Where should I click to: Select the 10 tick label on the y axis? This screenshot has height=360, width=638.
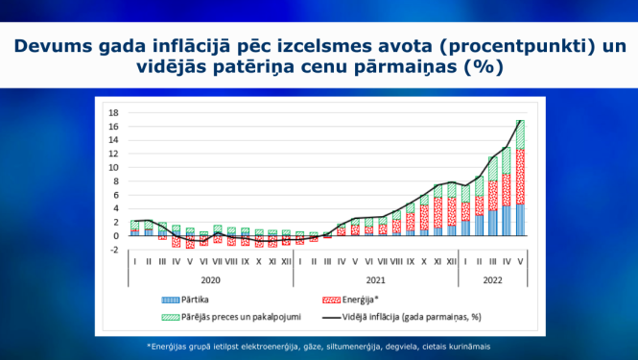click(114, 167)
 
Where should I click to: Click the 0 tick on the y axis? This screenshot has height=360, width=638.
click(115, 235)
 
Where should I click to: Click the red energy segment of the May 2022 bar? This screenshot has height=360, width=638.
click(519, 177)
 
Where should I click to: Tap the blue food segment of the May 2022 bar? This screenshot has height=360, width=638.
click(519, 220)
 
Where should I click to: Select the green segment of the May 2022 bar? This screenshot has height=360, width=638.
click(519, 134)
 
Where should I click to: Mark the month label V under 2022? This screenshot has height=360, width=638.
click(519, 260)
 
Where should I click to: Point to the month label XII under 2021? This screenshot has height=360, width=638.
click(451, 260)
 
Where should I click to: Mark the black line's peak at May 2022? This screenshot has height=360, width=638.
click(519, 121)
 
